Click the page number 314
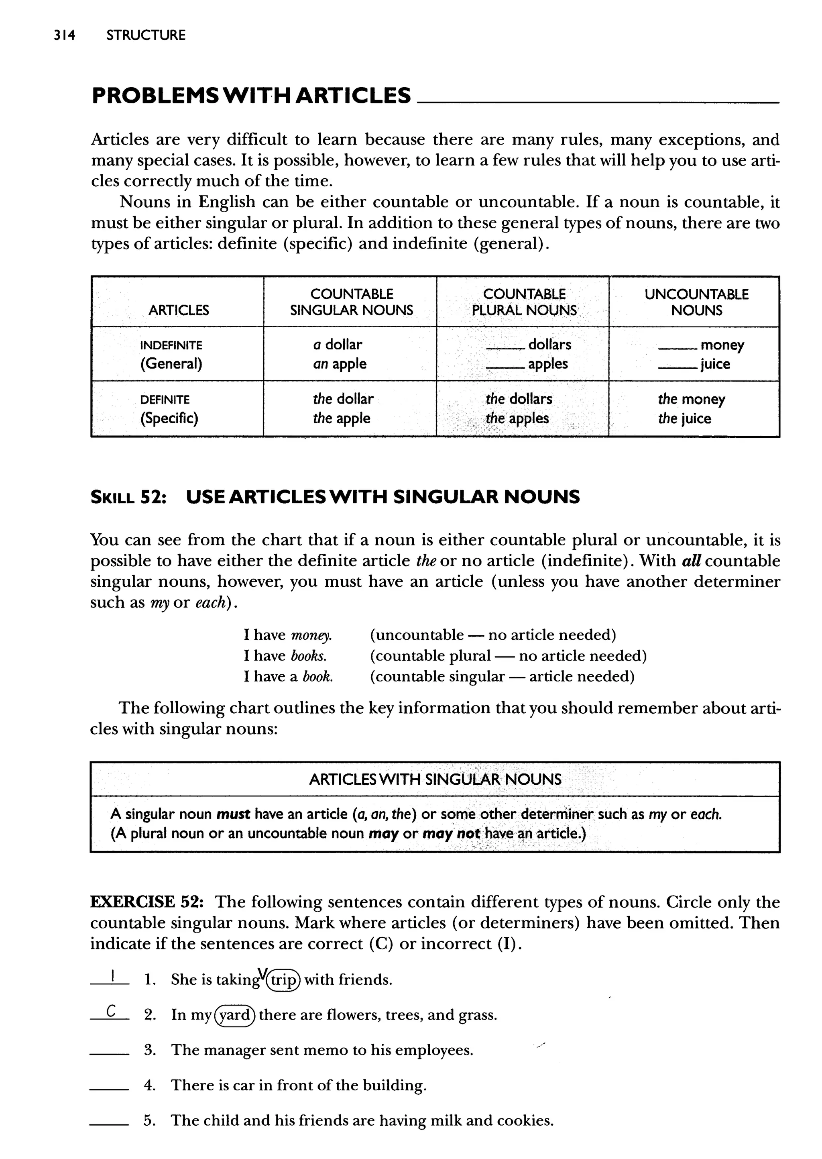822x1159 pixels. click(x=64, y=35)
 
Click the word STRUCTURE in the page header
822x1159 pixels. click(x=146, y=35)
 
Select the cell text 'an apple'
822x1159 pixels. click(x=340, y=364)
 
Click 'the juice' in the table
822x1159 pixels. click(x=684, y=419)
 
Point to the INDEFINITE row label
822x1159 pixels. click(x=171, y=345)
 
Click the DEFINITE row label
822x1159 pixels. click(x=165, y=400)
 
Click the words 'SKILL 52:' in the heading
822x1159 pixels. click(x=128, y=497)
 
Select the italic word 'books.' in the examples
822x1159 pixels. click(x=309, y=656)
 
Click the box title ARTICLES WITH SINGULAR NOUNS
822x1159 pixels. click(x=435, y=779)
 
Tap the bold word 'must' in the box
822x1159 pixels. click(x=233, y=814)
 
